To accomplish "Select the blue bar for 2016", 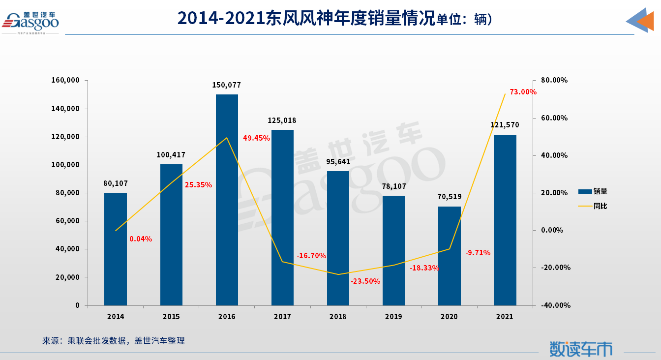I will coord(227,200).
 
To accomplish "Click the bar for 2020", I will coord(449,256).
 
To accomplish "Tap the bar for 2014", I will coord(116,249).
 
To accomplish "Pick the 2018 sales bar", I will coord(338,238).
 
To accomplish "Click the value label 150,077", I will coord(227,85).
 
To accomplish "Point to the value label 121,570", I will coord(505,125).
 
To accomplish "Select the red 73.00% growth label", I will coord(523,92).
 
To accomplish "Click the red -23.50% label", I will coord(365,281).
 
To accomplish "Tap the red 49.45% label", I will coord(256,138).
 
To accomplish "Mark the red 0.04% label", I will coord(141,239).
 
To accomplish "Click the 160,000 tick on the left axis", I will coord(65,80).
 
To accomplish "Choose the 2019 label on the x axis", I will coord(393,317).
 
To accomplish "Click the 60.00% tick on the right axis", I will coord(554,118).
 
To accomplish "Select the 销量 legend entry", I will coord(593,191).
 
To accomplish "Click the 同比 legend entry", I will coord(593,206).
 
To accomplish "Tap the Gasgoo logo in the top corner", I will coord(30,21).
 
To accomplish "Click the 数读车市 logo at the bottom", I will coord(581,349).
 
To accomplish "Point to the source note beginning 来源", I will coord(114,340).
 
